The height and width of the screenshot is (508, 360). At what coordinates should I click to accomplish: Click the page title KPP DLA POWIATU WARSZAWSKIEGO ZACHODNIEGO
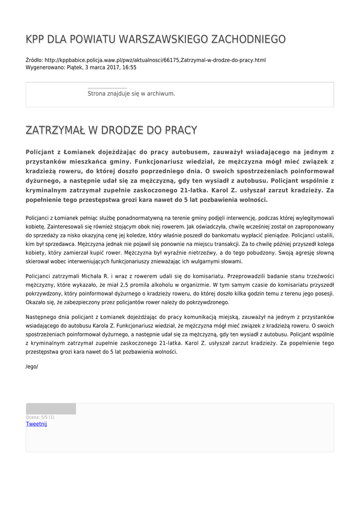pyautogui.click(x=155, y=39)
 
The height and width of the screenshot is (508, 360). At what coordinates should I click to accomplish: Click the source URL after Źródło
pyautogui.click(x=155, y=60)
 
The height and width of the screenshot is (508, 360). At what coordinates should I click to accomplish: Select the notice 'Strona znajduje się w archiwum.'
pyautogui.click(x=131, y=93)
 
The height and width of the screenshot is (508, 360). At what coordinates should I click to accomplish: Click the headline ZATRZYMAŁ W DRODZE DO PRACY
pyautogui.click(x=111, y=130)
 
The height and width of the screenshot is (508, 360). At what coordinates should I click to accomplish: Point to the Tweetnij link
pyautogui.click(x=36, y=424)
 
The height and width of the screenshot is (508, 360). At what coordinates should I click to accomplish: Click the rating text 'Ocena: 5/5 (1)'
pyautogui.click(x=40, y=417)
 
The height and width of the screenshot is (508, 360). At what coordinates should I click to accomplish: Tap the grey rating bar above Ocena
pyautogui.click(x=51, y=409)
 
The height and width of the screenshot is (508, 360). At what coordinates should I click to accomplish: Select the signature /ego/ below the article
pyautogui.click(x=32, y=367)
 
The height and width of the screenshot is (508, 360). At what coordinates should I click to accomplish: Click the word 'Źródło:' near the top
pyautogui.click(x=34, y=60)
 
